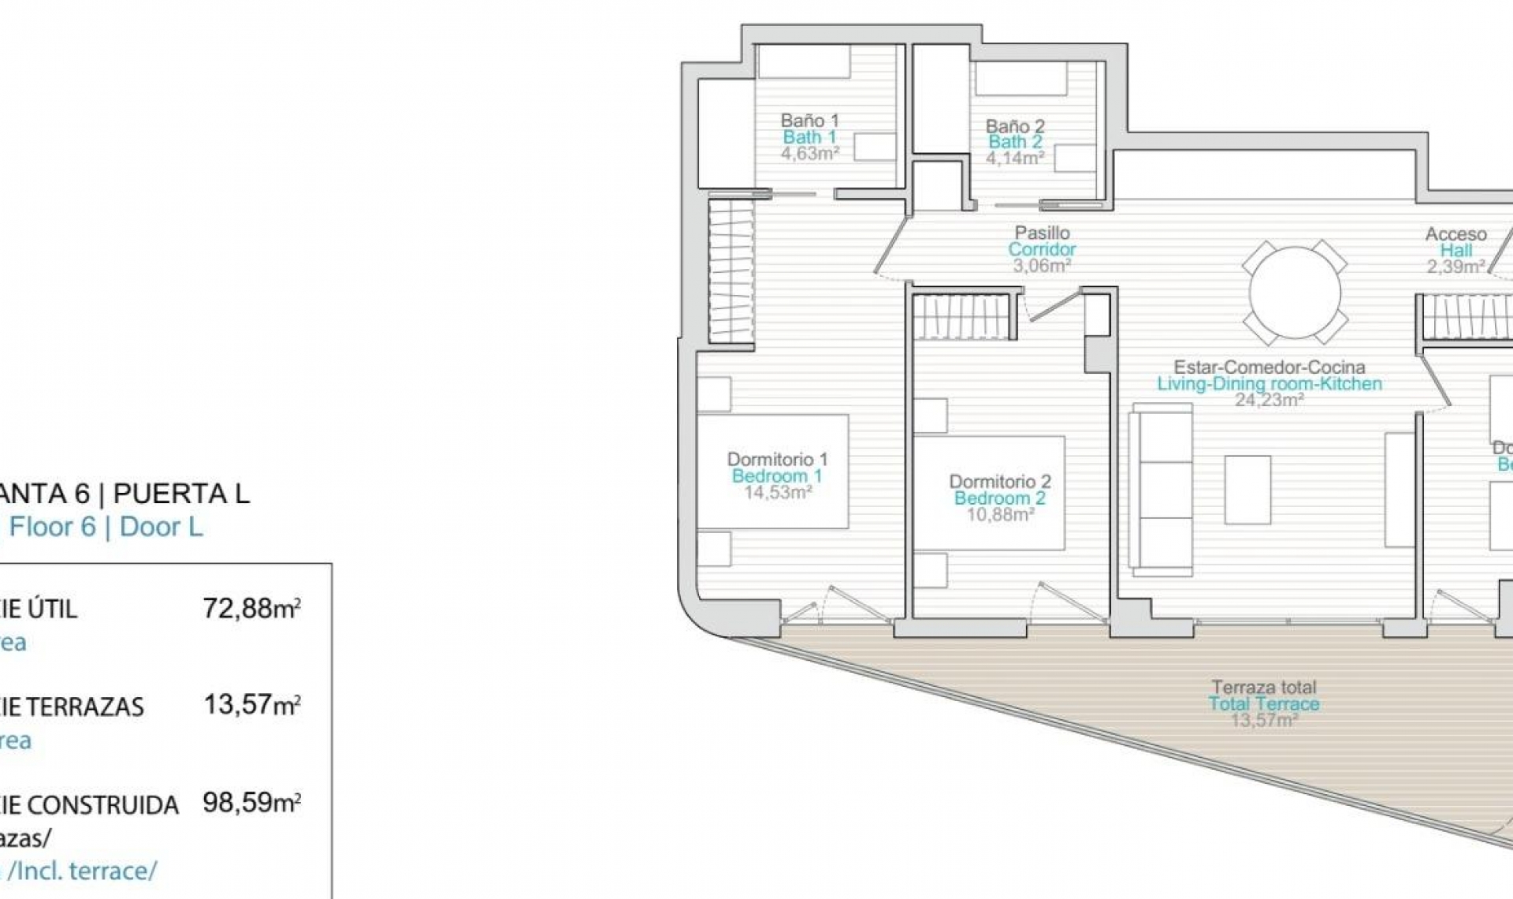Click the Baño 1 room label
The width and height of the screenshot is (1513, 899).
pyautogui.click(x=809, y=121)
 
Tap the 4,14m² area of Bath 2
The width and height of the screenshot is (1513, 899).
pyautogui.click(x=1015, y=158)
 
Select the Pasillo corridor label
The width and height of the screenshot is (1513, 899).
pyautogui.click(x=1042, y=233)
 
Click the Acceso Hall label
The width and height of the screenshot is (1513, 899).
pyautogui.click(x=1455, y=234)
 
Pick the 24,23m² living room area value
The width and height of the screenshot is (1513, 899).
pyautogui.click(x=1269, y=400)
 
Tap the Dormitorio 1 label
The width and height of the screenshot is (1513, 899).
pyautogui.click(x=777, y=459)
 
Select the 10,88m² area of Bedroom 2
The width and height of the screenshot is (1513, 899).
pyautogui.click(x=1000, y=515)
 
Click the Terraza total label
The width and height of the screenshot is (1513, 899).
pyautogui.click(x=1264, y=688)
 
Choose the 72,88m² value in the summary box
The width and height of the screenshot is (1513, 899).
pyautogui.click(x=251, y=608)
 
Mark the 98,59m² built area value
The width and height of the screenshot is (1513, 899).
pyautogui.click(x=251, y=802)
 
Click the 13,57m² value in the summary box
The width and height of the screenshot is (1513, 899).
pyautogui.click(x=251, y=704)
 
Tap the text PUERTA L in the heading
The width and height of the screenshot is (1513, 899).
pyautogui.click(x=181, y=494)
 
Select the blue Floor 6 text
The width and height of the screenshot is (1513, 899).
pyautogui.click(x=52, y=527)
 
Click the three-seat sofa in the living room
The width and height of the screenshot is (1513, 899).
pyautogui.click(x=1162, y=489)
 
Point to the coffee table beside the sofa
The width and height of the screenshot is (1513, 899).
pyautogui.click(x=1247, y=490)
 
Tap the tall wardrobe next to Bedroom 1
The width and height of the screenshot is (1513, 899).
pyautogui.click(x=731, y=270)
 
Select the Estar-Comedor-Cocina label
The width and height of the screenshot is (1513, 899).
pyautogui.click(x=1269, y=367)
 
